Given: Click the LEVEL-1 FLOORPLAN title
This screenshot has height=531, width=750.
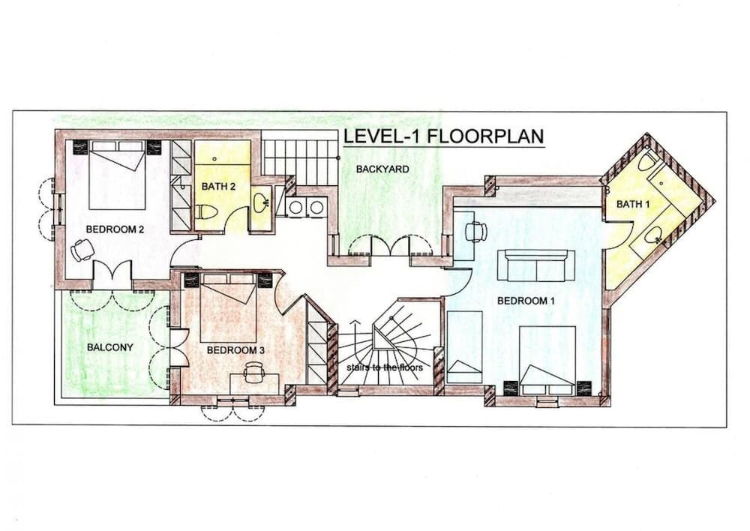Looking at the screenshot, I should tap(442, 138).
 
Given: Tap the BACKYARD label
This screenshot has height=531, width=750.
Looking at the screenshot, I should tap(382, 169).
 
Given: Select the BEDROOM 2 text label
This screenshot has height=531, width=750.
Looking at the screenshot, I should tap(115, 230).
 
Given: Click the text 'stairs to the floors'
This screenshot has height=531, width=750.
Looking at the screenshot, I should tap(385, 367).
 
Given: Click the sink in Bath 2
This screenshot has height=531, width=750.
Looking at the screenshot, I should tap(259, 202).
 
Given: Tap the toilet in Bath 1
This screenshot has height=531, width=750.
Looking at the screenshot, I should tap(646, 163).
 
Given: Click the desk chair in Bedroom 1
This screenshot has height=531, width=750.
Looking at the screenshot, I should tap(475, 231).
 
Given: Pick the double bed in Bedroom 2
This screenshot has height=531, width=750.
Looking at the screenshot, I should tap(116, 176).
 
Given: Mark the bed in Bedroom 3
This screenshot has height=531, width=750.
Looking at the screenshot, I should tap(229, 307).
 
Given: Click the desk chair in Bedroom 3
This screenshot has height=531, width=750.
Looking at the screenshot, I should tap(253, 369).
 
